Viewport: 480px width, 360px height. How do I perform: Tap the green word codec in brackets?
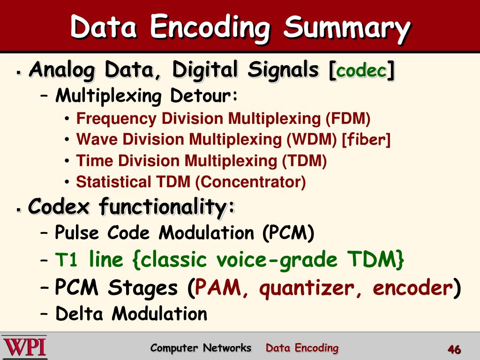(362, 71)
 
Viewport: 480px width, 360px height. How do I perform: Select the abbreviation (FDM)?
(348, 118)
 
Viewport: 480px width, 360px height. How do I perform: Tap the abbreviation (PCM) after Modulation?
(288, 232)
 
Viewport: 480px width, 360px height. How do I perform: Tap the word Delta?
(81, 314)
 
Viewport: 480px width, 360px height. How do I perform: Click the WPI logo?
(24, 347)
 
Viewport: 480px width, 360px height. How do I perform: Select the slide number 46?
(454, 350)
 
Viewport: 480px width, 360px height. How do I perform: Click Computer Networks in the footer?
(201, 348)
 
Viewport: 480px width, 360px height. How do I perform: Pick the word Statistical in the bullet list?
(111, 181)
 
